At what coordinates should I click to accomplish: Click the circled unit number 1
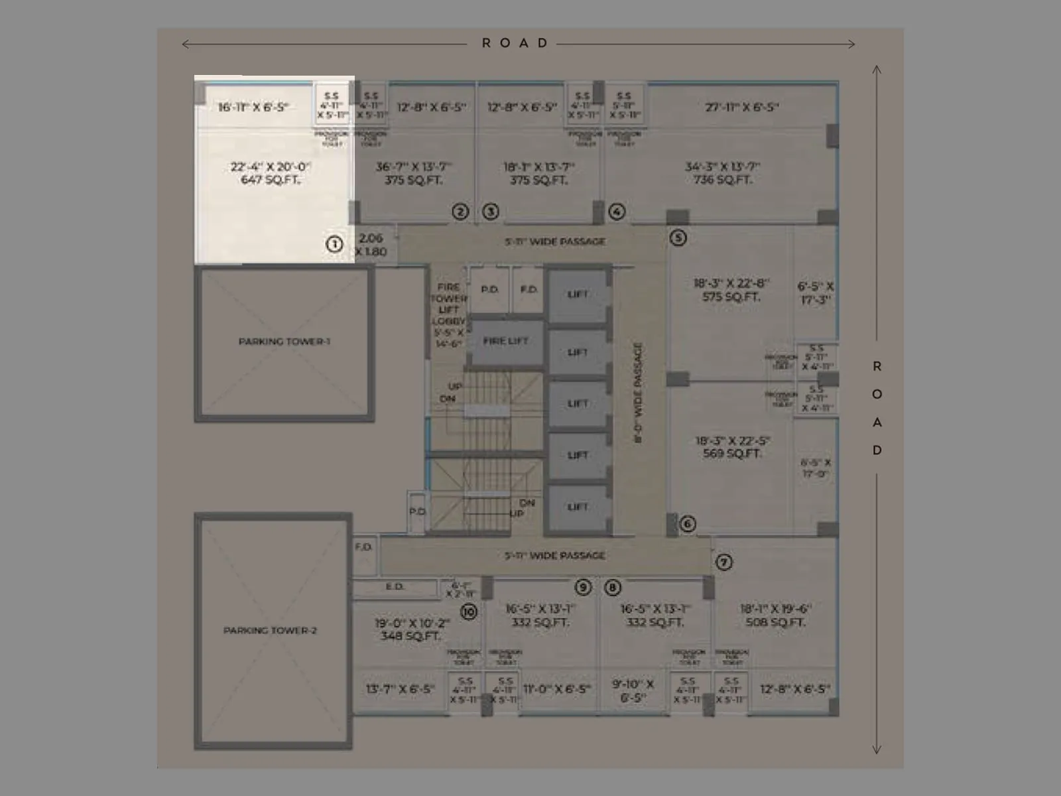tap(335, 243)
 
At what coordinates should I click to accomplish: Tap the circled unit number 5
tap(678, 237)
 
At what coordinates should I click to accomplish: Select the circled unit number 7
tap(723, 563)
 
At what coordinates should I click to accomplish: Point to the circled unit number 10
tap(469, 611)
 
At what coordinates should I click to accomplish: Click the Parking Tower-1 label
tap(284, 342)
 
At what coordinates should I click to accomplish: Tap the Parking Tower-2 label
tap(270, 630)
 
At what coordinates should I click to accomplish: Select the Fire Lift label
tap(505, 341)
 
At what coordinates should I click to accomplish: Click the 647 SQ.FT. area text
tap(271, 180)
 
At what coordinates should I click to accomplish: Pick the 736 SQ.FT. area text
tap(722, 180)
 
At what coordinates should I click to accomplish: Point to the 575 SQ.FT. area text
tap(731, 297)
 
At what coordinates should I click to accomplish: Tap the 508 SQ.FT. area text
tap(775, 622)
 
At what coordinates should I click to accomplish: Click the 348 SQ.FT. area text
tap(410, 635)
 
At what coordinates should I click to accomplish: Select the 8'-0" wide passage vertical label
tap(638, 393)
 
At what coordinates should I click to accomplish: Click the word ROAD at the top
tap(515, 43)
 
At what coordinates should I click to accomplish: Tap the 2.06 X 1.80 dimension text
tap(371, 245)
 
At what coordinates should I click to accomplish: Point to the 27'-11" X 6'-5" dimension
tap(741, 107)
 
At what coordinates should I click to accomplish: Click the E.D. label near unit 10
tap(395, 587)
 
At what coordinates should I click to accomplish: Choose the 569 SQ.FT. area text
tap(732, 454)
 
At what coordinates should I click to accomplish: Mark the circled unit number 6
tap(688, 524)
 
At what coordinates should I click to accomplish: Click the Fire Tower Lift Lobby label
tap(448, 314)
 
